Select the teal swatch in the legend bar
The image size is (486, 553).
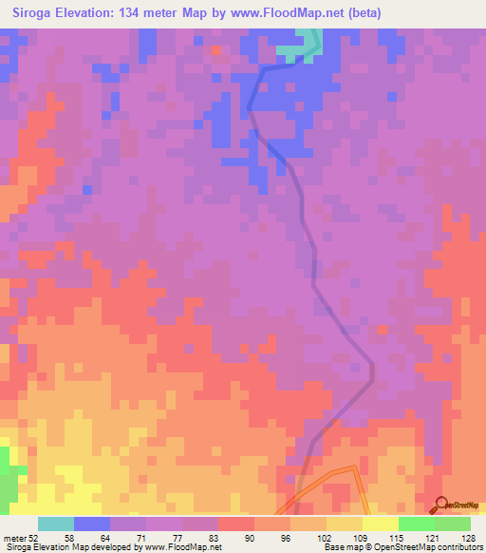[55, 524]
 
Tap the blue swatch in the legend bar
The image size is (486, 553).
[91, 524]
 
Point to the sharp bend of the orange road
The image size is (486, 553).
[357, 467]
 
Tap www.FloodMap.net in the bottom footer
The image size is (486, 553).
[187, 546]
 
